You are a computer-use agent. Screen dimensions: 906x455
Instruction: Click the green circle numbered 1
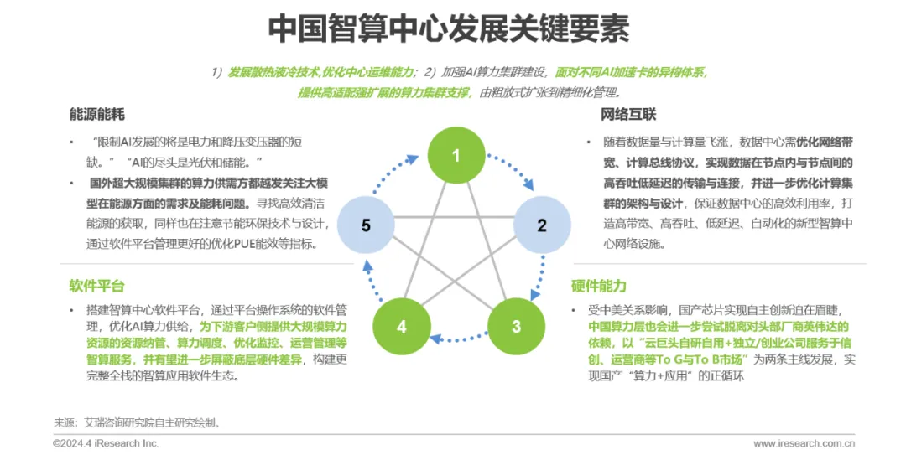point(456,155)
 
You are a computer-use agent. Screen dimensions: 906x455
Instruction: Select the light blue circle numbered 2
point(542,225)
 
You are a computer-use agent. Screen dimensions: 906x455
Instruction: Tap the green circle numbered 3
point(516,326)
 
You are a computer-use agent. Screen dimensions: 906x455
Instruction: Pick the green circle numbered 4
point(402,326)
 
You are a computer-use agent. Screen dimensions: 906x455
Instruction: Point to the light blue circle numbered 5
point(366,225)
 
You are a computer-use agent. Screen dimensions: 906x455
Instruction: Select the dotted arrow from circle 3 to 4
point(459,339)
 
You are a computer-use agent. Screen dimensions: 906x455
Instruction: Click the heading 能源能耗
point(97,114)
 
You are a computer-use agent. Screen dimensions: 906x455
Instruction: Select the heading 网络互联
point(628,114)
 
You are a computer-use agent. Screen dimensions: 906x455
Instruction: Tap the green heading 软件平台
point(96,287)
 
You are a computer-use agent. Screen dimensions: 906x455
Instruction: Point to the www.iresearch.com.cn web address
point(804,443)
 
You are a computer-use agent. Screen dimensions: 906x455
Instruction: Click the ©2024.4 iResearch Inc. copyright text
point(105,443)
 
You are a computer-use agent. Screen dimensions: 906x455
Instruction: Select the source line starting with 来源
point(138,422)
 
